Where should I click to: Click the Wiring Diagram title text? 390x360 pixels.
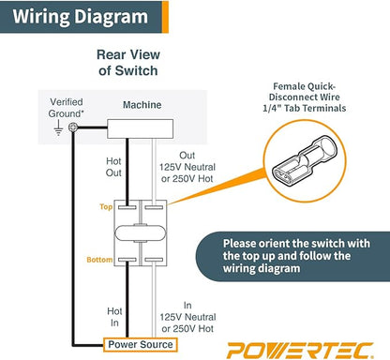click(x=80, y=17)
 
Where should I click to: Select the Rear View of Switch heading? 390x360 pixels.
click(x=128, y=63)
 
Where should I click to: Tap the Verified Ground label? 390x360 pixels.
click(x=67, y=108)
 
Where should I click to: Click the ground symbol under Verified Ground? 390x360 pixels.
click(x=58, y=128)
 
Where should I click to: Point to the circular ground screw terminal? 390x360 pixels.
click(x=73, y=127)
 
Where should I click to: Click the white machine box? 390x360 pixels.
click(x=140, y=128)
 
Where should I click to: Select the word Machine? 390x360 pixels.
click(x=142, y=105)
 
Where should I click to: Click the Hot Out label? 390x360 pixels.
click(x=113, y=167)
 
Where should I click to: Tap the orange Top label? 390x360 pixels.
click(x=106, y=206)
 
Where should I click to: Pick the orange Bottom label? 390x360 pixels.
click(x=99, y=260)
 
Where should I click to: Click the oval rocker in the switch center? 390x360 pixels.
click(x=140, y=233)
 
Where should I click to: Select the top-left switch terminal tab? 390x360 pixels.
click(x=127, y=207)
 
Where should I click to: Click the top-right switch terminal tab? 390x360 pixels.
click(x=154, y=207)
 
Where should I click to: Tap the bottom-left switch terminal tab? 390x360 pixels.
click(x=127, y=260)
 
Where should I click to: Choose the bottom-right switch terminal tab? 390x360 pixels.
click(x=154, y=260)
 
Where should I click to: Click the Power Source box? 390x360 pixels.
click(x=141, y=345)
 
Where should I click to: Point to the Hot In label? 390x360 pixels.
click(x=114, y=317)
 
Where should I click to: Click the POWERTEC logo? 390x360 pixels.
click(x=300, y=351)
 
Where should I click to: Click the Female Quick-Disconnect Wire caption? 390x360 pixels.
click(x=305, y=97)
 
